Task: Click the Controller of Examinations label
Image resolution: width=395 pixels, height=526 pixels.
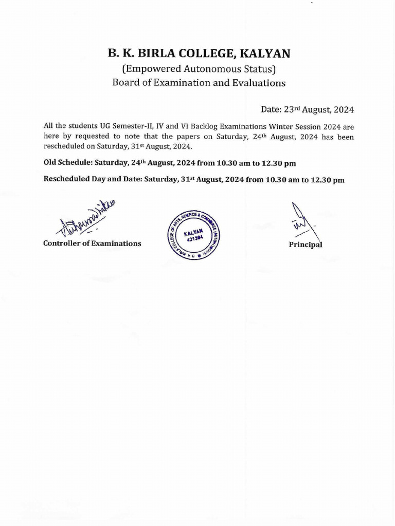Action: pos(92,243)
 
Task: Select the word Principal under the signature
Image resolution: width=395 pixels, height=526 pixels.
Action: pos(306,245)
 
